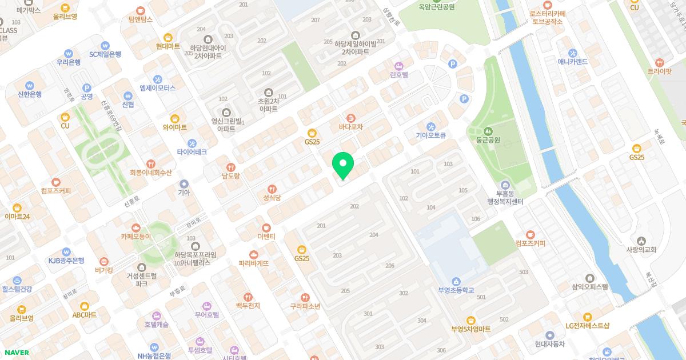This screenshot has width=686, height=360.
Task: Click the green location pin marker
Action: (343, 166)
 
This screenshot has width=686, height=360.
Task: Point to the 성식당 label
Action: (272, 198)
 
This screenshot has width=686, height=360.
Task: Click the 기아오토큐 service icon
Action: (430, 126)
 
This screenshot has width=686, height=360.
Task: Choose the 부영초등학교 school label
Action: (456, 290)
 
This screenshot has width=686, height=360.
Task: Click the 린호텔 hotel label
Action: (398, 74)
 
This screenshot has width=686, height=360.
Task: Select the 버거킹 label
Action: (103, 270)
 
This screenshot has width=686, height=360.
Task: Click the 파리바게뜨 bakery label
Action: (253, 263)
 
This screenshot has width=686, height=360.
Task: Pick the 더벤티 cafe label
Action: (266, 236)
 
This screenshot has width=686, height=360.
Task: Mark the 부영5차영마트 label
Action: (470, 329)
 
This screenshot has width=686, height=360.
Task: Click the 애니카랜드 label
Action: (573, 61)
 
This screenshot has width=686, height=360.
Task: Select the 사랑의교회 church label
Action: (641, 249)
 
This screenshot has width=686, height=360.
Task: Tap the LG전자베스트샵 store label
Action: (587, 326)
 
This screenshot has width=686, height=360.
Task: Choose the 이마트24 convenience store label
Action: (17, 216)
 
